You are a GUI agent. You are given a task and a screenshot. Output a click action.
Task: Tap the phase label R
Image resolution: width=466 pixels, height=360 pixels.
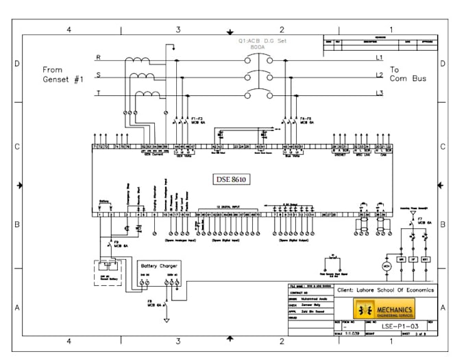click(x=98, y=57)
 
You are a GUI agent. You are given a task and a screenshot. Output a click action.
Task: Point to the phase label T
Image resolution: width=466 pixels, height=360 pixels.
click(x=98, y=93)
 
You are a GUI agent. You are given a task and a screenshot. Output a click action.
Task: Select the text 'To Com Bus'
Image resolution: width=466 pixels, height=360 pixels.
click(x=408, y=74)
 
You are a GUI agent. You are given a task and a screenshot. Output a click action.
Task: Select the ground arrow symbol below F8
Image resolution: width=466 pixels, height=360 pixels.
click(x=165, y=320)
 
